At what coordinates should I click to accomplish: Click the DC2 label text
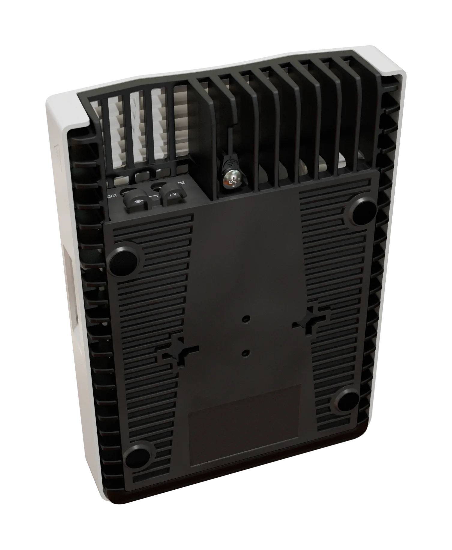tap(180, 183)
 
